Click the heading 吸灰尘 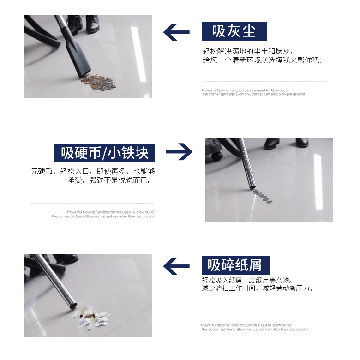pyautogui.click(x=234, y=31)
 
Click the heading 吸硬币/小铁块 pyautogui.click(x=104, y=153)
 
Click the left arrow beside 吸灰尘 pyautogui.click(x=176, y=32)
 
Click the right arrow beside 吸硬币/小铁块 pyautogui.click(x=179, y=151)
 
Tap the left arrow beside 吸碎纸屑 pyautogui.click(x=176, y=266)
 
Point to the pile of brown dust pyautogui.click(x=98, y=83)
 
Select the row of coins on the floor pyautogui.click(x=263, y=196)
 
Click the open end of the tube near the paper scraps pyautogui.click(x=73, y=306)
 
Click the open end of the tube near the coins pyautogui.click(x=252, y=186)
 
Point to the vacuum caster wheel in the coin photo pyautogui.click(x=217, y=156)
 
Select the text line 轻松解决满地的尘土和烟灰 pyautogui.click(x=248, y=51)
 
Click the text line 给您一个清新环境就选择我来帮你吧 pyautogui.click(x=262, y=60)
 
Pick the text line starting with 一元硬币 pyautogui.click(x=90, y=172)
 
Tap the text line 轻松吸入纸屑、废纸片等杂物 pyautogui.click(x=247, y=281)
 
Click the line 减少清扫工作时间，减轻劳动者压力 pyautogui.click(x=257, y=288)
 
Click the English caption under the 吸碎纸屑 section pyautogui.click(x=255, y=327)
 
